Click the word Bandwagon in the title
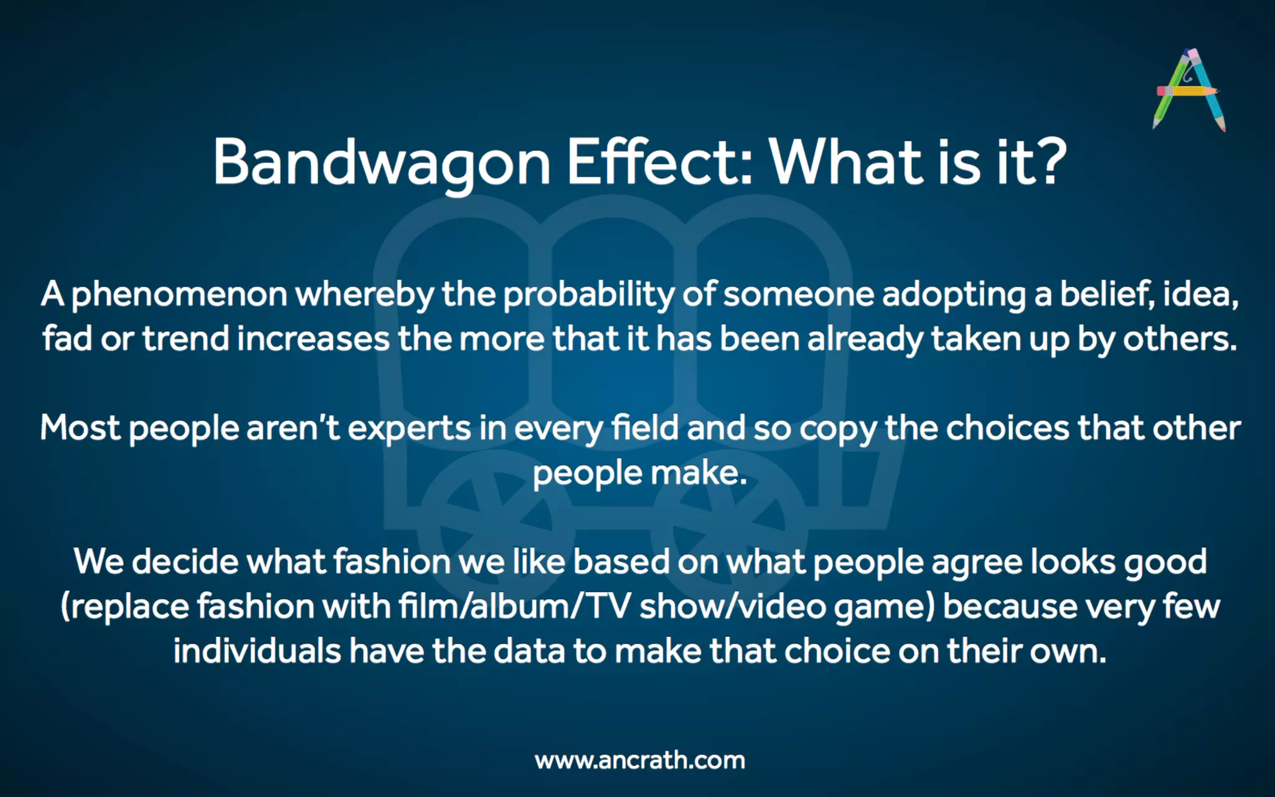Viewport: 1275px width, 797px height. coord(381,162)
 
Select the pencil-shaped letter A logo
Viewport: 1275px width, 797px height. coord(1188,90)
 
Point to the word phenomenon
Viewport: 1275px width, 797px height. coord(179,295)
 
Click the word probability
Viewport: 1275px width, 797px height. coord(588,295)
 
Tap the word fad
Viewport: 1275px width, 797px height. coord(67,339)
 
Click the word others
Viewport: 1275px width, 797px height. coord(1179,339)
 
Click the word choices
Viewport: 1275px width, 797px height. coord(1008,428)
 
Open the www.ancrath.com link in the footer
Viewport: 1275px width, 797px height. coord(640,760)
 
